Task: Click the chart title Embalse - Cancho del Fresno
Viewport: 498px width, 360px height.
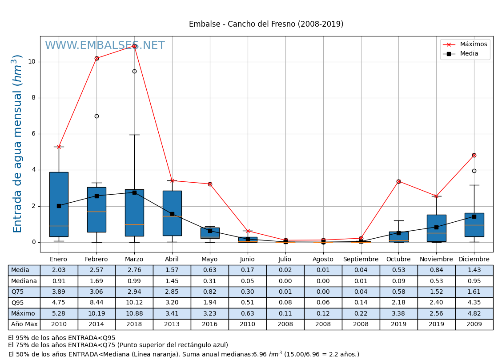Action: [x=266, y=24]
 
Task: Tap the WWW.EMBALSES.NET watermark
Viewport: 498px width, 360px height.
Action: [x=105, y=46]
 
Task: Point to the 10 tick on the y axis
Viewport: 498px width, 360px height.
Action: [x=32, y=62]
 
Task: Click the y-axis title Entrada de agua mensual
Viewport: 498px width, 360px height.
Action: [x=17, y=143]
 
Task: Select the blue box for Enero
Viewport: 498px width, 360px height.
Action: [x=59, y=204]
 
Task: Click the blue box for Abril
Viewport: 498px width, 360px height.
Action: [x=172, y=213]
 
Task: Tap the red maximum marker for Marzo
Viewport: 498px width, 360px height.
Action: [x=134, y=46]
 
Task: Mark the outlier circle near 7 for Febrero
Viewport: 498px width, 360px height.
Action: [x=96, y=116]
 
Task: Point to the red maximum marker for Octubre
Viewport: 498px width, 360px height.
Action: [x=398, y=181]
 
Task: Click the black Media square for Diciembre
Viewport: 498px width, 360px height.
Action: [x=474, y=216]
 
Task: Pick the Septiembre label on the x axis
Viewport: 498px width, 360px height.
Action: [x=361, y=260]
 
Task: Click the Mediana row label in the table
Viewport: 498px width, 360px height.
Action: [x=24, y=281]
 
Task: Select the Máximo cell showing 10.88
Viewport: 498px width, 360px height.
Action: [x=134, y=314]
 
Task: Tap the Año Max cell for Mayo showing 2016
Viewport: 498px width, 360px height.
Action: [x=210, y=324]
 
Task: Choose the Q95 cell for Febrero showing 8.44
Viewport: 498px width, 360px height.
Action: [x=96, y=303]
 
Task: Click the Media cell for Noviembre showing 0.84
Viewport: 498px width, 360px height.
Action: [x=436, y=270]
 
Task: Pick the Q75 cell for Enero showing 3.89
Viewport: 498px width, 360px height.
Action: [x=59, y=292]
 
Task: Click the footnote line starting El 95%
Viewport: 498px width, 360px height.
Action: [x=61, y=338]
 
